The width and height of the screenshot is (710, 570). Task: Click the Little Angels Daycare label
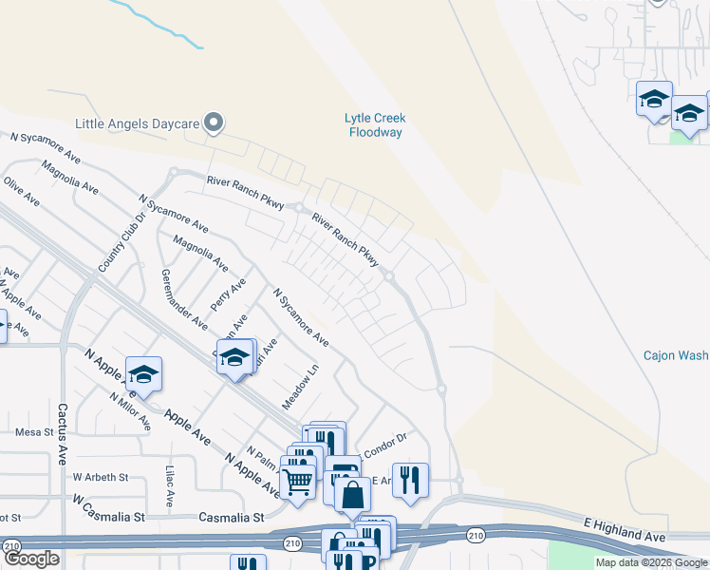pos(138,123)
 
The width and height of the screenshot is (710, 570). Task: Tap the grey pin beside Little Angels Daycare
pos(215,123)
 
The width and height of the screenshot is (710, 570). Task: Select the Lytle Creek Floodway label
pos(376,124)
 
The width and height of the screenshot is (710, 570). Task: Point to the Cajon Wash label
pos(676,355)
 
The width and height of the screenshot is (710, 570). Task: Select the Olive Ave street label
pos(21,191)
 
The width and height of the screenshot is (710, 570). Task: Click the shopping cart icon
pos(298,482)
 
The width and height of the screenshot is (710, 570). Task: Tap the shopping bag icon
pos(351,494)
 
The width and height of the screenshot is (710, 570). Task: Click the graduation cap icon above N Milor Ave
pos(143,375)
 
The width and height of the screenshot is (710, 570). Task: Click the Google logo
pos(31,560)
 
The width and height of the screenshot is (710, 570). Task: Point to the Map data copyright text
pos(652,562)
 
